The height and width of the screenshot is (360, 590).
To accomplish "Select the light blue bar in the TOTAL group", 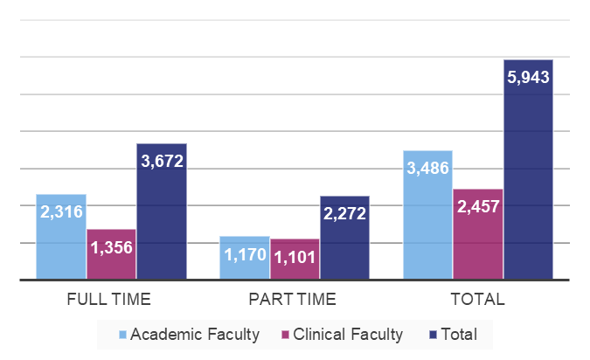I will [x=427, y=227].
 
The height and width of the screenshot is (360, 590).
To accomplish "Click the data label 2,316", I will [x=60, y=211].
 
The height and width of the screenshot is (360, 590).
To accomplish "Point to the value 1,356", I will [x=111, y=246].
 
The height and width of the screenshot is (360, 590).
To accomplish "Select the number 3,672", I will [x=162, y=161].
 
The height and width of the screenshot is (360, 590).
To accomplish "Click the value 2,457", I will [x=478, y=207].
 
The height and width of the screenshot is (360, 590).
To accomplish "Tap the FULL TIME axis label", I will [x=109, y=299].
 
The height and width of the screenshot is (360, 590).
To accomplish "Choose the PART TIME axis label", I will [x=292, y=299].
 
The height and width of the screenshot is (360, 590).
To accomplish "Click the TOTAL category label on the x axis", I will [x=477, y=299].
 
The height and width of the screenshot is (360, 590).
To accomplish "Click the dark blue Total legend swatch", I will [x=434, y=334].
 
